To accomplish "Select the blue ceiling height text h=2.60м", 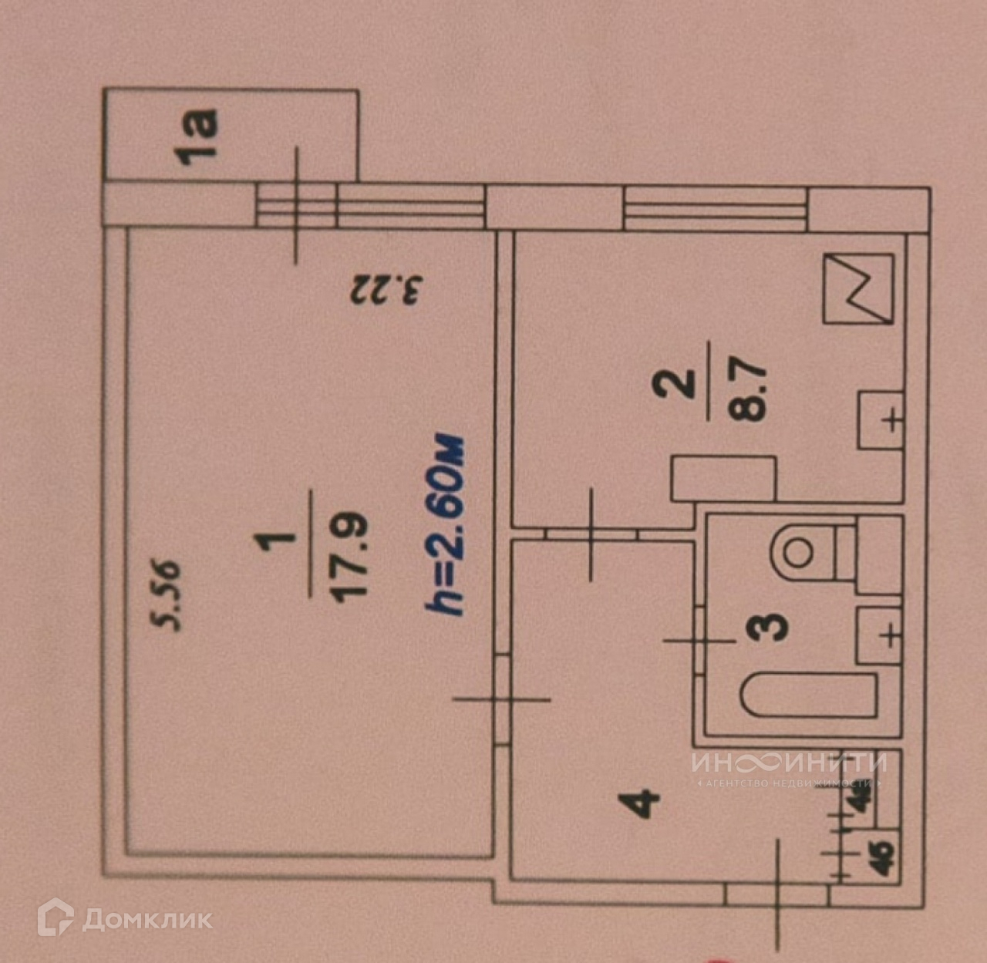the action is tap(446, 525).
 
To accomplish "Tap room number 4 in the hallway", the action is tap(643, 802).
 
